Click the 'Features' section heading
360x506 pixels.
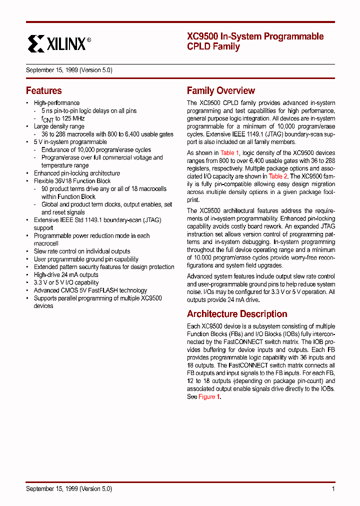click(x=44, y=91)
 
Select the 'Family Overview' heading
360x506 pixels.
click(x=220, y=91)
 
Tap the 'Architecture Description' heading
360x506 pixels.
click(x=236, y=314)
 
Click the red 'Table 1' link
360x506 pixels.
click(x=230, y=153)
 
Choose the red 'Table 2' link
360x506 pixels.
click(x=278, y=176)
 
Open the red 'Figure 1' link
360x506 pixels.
click(x=209, y=397)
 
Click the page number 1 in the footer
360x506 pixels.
click(x=333, y=489)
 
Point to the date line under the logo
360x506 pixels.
click(x=69, y=70)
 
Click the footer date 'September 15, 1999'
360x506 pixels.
click(x=52, y=489)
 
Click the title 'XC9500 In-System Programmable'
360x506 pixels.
click(x=255, y=36)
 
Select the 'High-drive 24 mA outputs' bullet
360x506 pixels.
click(x=66, y=275)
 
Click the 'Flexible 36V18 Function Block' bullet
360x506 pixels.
click(x=72, y=181)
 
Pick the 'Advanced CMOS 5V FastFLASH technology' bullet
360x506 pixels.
click(x=90, y=290)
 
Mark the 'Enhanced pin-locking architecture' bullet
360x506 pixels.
click(x=76, y=173)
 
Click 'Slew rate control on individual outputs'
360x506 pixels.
click(x=81, y=251)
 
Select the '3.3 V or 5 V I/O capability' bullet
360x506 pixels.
click(x=66, y=282)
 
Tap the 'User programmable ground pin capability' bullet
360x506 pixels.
click(x=86, y=259)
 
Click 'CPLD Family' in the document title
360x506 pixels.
click(x=213, y=47)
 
